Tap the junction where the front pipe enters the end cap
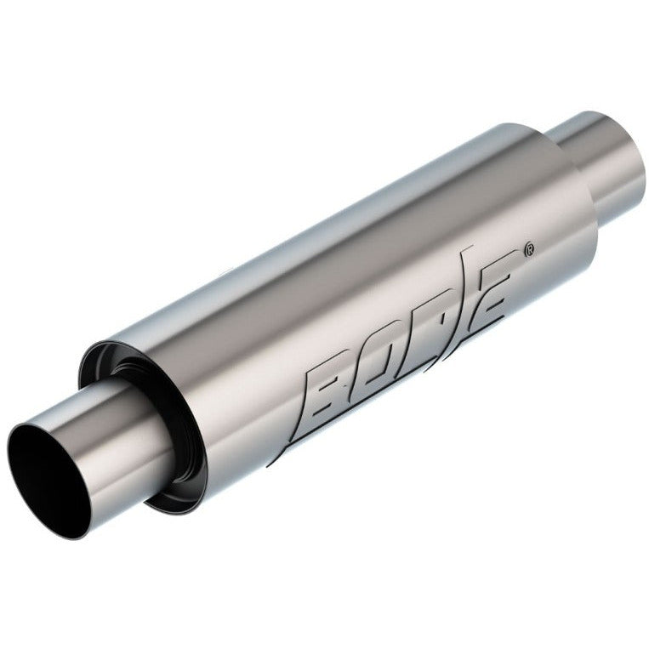153,425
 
